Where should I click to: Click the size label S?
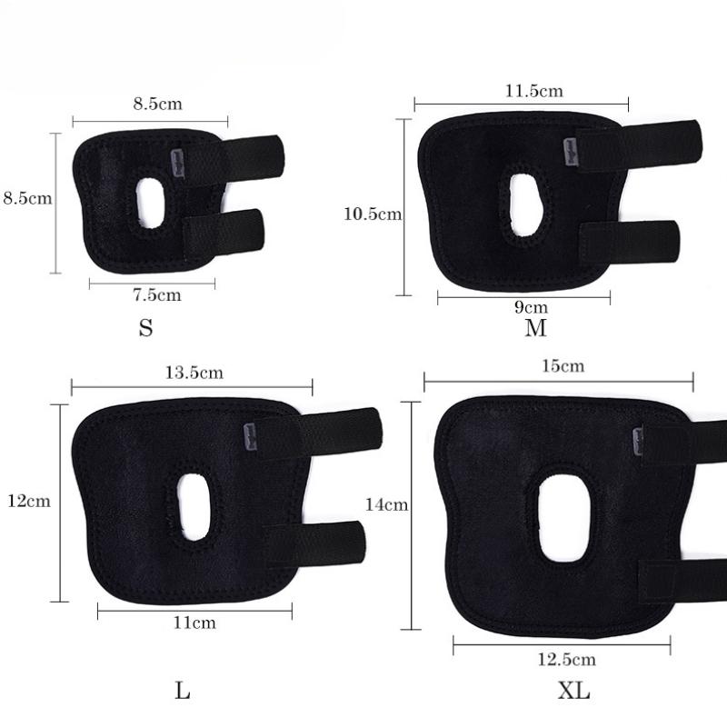click(145, 328)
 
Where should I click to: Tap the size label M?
click(535, 328)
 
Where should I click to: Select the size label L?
click(183, 692)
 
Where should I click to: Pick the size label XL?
click(573, 692)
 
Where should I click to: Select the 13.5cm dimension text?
click(194, 373)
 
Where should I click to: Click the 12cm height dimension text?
click(27, 501)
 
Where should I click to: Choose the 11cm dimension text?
click(194, 622)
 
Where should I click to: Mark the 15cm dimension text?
click(562, 366)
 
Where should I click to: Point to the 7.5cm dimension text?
click(156, 294)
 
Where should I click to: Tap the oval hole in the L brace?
click(194, 507)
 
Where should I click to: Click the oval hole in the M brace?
click(524, 200)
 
